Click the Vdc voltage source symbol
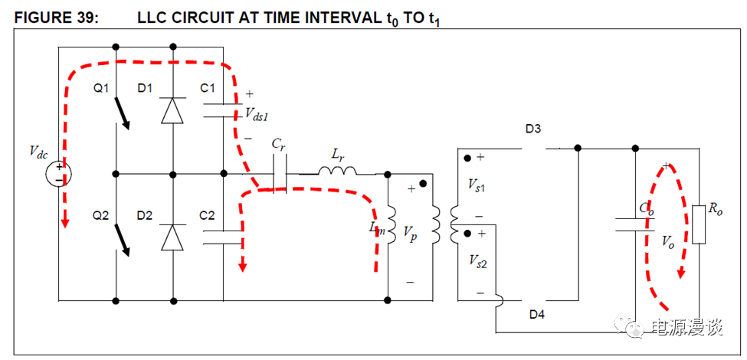[x=59, y=174]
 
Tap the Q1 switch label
[x=102, y=89]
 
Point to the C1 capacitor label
[x=207, y=89]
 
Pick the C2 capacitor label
[x=207, y=216]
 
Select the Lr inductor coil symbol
[x=337, y=170]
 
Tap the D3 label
[x=533, y=129]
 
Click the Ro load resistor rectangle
[x=697, y=224]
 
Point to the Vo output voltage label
[x=668, y=241]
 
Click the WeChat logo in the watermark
[x=633, y=328]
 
